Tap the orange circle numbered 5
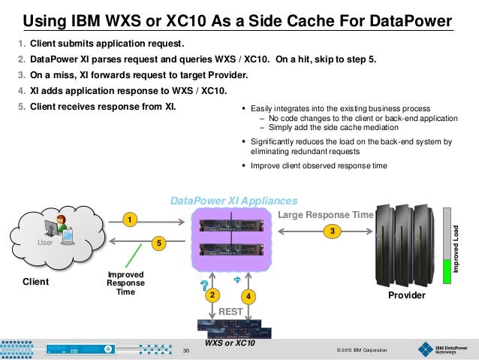(158, 244)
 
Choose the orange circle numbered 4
(250, 296)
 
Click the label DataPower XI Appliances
(234, 201)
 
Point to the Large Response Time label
(325, 215)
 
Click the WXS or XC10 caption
(230, 343)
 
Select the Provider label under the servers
(405, 295)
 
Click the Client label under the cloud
(35, 282)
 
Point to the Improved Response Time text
(120, 283)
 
